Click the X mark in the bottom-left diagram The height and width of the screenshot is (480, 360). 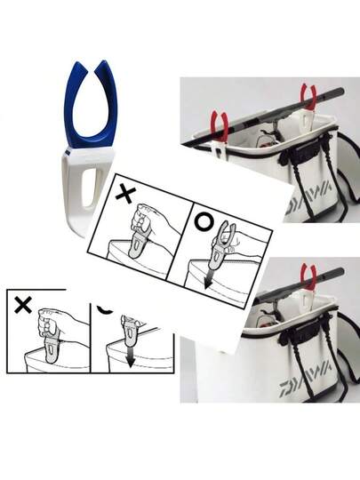pos(23,305)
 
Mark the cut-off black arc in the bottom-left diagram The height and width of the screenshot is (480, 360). pos(105,310)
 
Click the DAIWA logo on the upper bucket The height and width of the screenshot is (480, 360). pos(308,198)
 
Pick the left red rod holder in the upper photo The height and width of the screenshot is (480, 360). pos(220,125)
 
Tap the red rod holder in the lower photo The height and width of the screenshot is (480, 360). pos(308,276)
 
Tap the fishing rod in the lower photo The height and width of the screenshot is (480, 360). pos(300,284)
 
